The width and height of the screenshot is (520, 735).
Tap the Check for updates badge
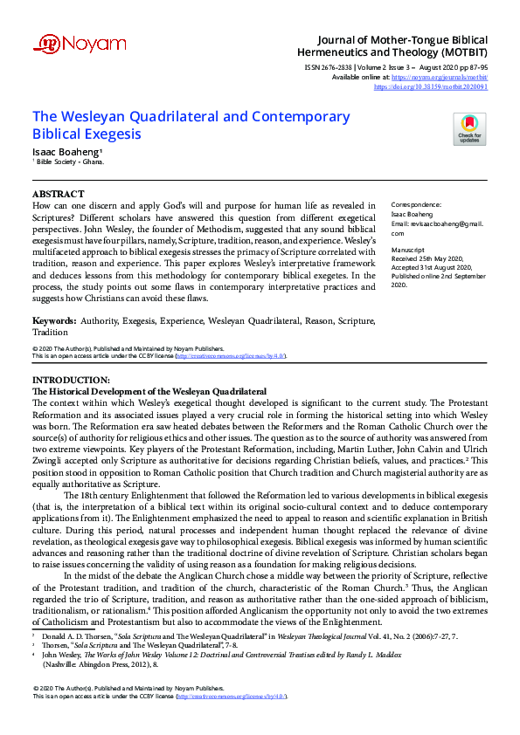click(x=470, y=128)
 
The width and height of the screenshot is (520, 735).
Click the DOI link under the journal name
click(x=431, y=86)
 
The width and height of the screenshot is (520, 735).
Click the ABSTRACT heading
click(x=58, y=193)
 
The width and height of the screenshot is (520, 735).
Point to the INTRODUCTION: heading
click(x=71, y=381)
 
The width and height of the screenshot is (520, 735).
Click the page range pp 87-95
click(x=473, y=66)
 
